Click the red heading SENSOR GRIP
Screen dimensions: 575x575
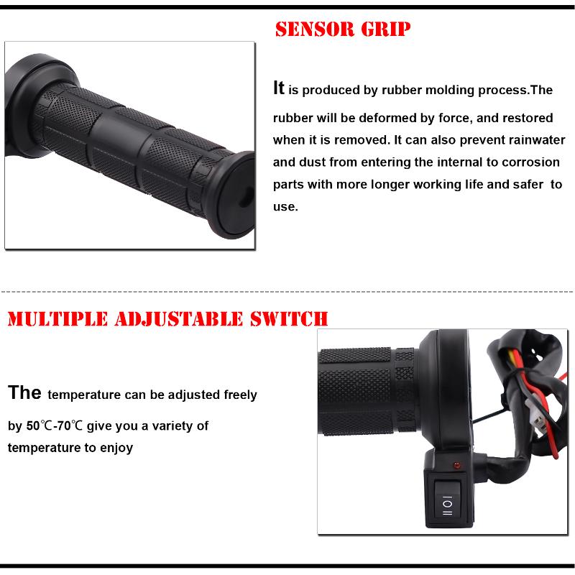(343, 29)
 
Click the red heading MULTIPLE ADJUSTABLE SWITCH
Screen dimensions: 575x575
(167, 318)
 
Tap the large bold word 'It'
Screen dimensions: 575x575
(279, 88)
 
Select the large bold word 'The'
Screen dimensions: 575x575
(25, 393)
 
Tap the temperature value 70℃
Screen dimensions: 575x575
(73, 425)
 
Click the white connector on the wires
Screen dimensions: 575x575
(533, 414)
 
